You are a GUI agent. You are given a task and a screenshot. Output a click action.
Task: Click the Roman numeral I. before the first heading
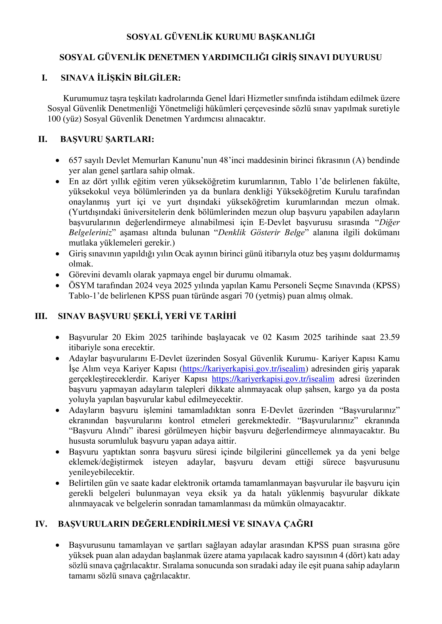click(44, 78)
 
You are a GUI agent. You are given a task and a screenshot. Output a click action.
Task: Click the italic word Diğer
click(389, 223)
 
